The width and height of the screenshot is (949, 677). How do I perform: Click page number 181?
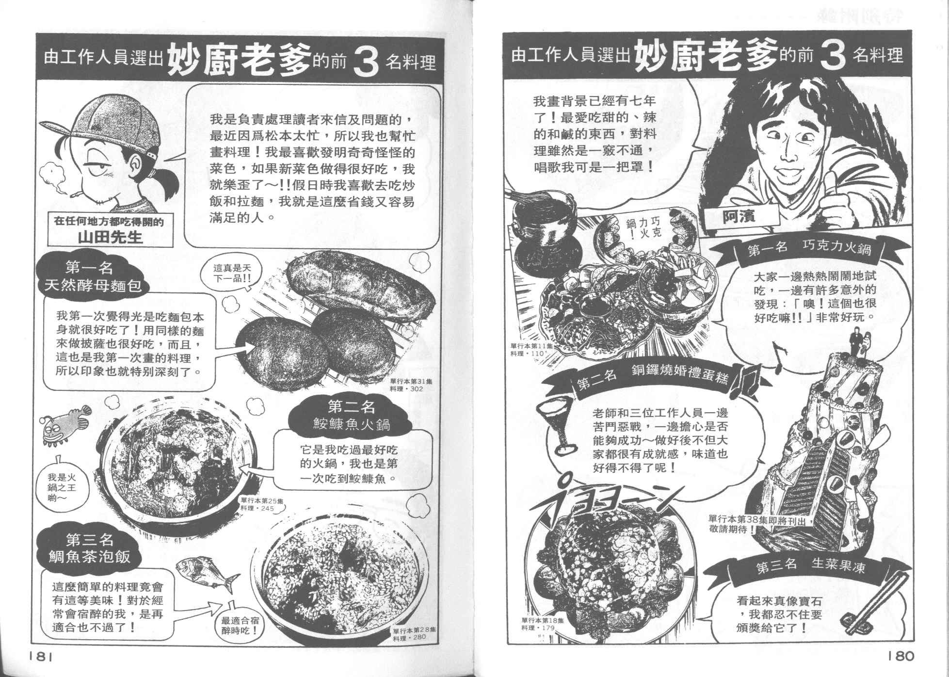click(39, 656)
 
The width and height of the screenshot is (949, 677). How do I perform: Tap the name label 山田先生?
click(111, 237)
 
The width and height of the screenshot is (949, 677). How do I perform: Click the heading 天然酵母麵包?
click(93, 285)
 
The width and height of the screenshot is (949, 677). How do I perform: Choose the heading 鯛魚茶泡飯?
click(90, 556)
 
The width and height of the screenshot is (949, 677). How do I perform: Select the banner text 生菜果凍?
click(838, 566)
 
